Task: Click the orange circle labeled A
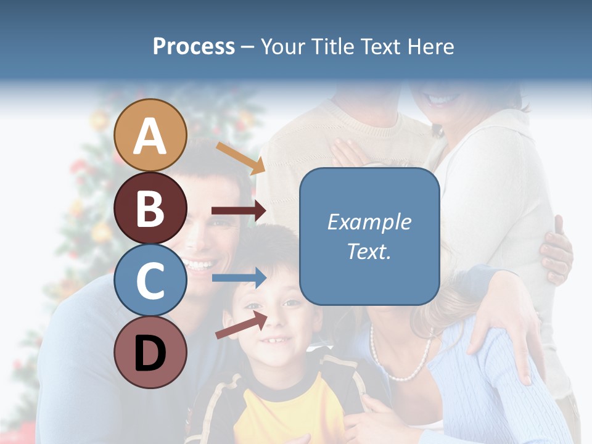pyautogui.click(x=150, y=135)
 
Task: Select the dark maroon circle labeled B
pyautogui.click(x=150, y=208)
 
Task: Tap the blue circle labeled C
pyautogui.click(x=150, y=280)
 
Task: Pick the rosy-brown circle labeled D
pyautogui.click(x=150, y=352)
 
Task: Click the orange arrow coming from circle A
pyautogui.click(x=240, y=158)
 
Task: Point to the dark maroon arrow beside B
pyautogui.click(x=239, y=211)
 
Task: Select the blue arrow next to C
pyautogui.click(x=239, y=278)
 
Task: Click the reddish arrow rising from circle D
pyautogui.click(x=241, y=325)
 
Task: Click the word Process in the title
pyautogui.click(x=194, y=46)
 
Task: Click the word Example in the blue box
pyautogui.click(x=369, y=222)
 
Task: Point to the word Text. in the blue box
pyautogui.click(x=369, y=252)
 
